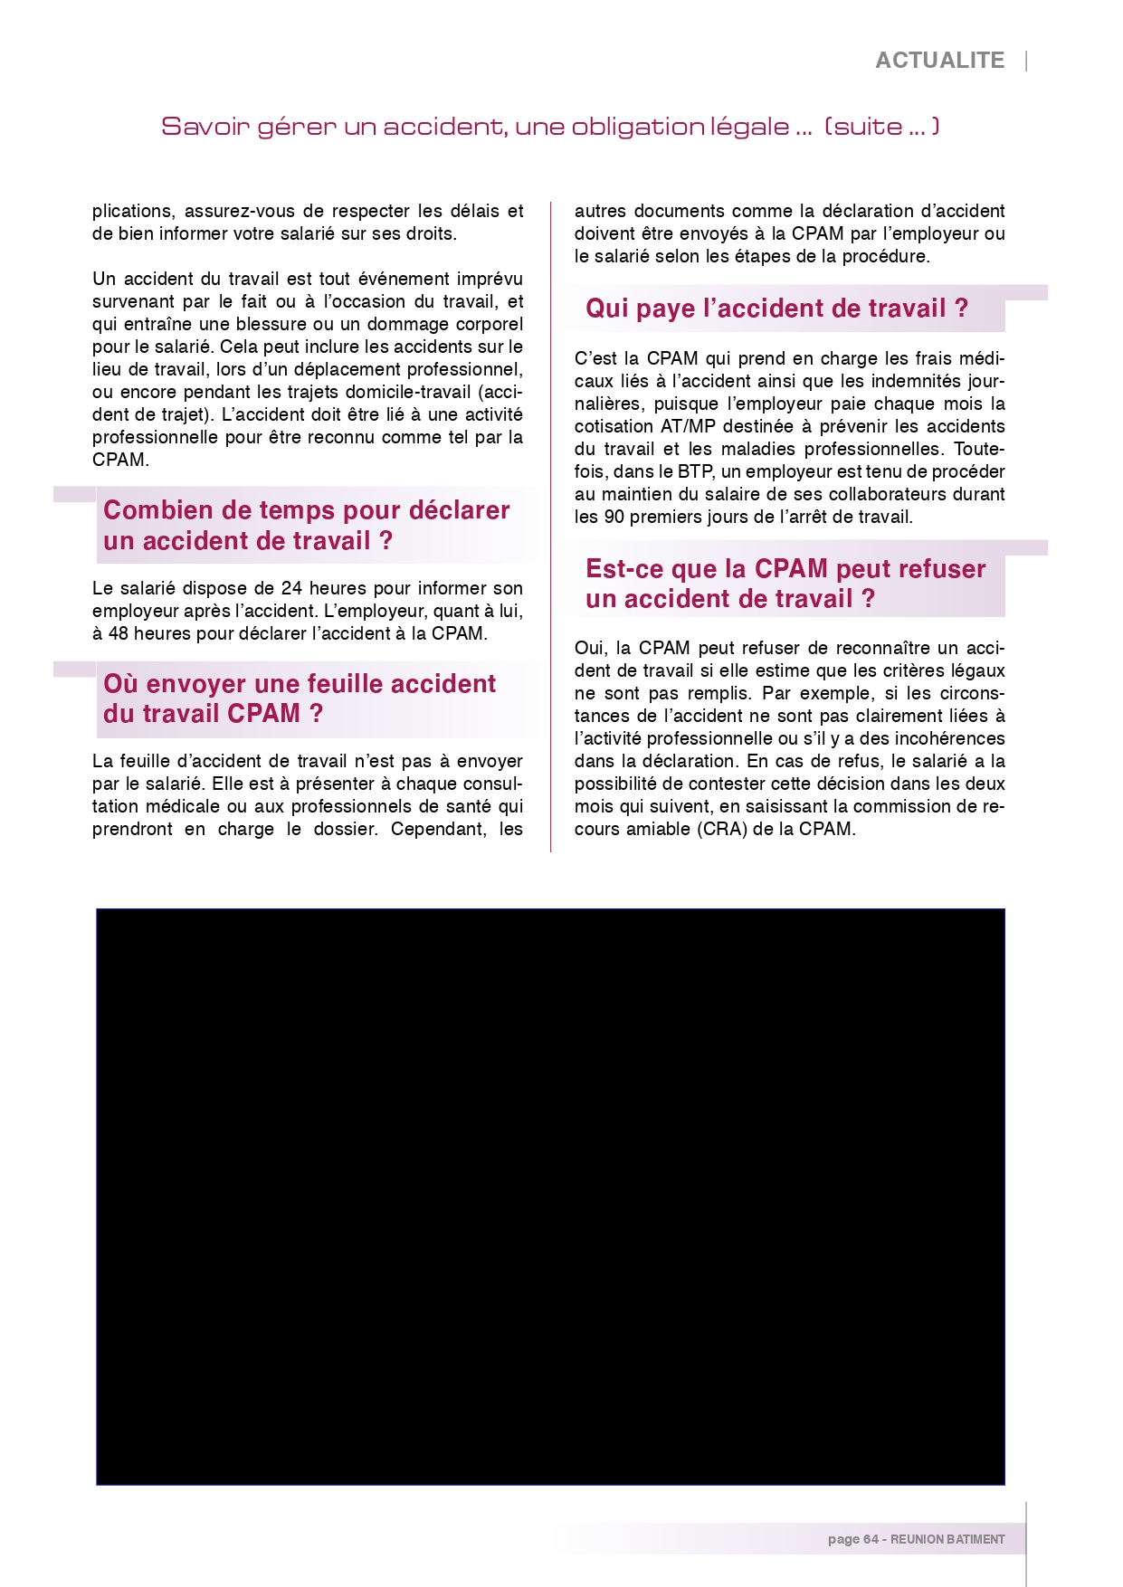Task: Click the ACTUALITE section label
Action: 939,61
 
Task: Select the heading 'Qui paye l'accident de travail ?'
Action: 776,309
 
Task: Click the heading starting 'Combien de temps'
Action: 306,525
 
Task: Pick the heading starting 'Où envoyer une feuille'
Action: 299,698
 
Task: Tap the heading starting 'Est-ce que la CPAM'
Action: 785,584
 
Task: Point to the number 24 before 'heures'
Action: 291,588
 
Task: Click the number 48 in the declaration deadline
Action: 119,633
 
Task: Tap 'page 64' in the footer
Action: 852,1539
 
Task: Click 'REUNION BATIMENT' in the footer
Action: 947,1539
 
